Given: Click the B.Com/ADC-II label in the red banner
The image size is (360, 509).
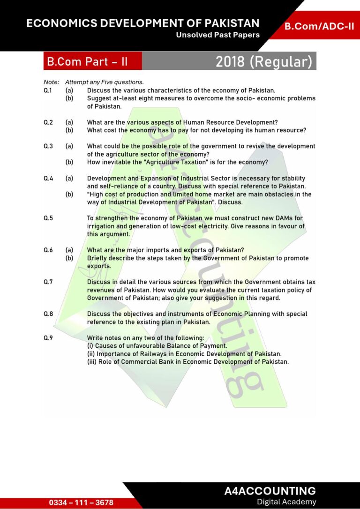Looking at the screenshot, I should click(319, 26).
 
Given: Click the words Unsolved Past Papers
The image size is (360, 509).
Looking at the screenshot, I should click(217, 35).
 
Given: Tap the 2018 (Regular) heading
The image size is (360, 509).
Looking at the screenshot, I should click(263, 61).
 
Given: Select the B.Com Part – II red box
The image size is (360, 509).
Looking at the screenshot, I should click(87, 61).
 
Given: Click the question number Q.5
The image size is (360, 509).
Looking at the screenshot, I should click(48, 218).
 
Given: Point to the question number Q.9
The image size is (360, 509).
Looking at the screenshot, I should click(48, 338).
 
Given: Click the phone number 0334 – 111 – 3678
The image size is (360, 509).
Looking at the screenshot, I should click(81, 502).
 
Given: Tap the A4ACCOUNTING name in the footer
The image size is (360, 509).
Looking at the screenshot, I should click(270, 491).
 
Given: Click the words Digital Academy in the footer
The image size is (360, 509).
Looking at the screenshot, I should click(286, 502).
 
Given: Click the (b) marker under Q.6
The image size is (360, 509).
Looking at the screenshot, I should click(69, 258).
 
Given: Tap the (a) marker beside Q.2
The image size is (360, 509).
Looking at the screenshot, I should click(69, 122).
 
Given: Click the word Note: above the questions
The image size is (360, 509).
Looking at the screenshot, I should click(51, 82).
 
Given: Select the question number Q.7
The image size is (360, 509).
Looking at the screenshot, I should click(48, 282).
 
